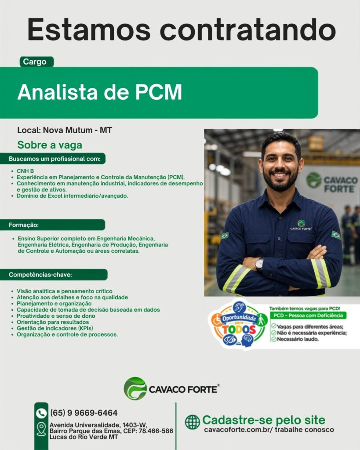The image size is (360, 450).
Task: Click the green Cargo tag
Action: [36, 62]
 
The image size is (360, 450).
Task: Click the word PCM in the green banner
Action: [159, 92]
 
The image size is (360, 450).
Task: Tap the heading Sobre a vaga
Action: [50, 145]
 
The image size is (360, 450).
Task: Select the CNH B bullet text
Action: [25, 171]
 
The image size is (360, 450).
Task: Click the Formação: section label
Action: [24, 225]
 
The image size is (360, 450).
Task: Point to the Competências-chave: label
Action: [40, 275]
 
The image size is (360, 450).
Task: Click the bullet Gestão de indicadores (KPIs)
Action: [55, 328]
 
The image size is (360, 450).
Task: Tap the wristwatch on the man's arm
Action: [259, 265]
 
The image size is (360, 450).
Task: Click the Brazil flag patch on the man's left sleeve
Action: [335, 235]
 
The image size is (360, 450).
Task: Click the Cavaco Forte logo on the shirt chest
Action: [301, 225]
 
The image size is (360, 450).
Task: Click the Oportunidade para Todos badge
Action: [238, 324]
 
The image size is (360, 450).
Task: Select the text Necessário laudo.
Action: [298, 339]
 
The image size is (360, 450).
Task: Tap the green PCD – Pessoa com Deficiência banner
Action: [308, 316]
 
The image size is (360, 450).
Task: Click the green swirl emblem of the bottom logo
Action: [135, 388]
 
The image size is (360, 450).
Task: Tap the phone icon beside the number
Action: [41, 413]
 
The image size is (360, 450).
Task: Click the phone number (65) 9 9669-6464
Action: [84, 413]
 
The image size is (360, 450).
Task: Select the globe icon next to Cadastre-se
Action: [193, 422]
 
